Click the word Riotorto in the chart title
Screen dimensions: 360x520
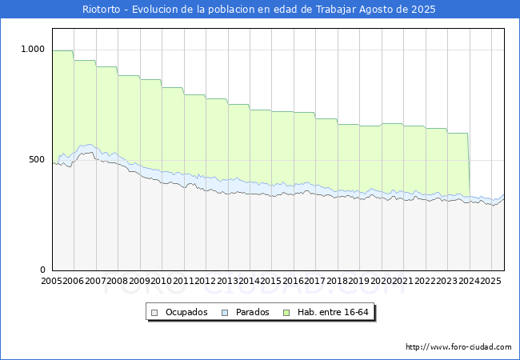[x=101, y=10]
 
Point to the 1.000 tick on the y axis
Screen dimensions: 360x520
[x=33, y=50]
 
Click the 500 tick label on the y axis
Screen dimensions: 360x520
[x=38, y=160]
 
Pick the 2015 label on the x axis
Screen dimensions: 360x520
[x=270, y=282]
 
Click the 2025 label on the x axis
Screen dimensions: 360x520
[x=489, y=282]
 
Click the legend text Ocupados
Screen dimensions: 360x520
[x=186, y=312]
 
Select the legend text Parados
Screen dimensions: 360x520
[x=253, y=312]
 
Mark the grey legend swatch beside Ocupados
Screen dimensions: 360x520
[x=154, y=312]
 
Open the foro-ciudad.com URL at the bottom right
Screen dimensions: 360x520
[x=458, y=347]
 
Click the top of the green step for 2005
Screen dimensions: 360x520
[x=62, y=51]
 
